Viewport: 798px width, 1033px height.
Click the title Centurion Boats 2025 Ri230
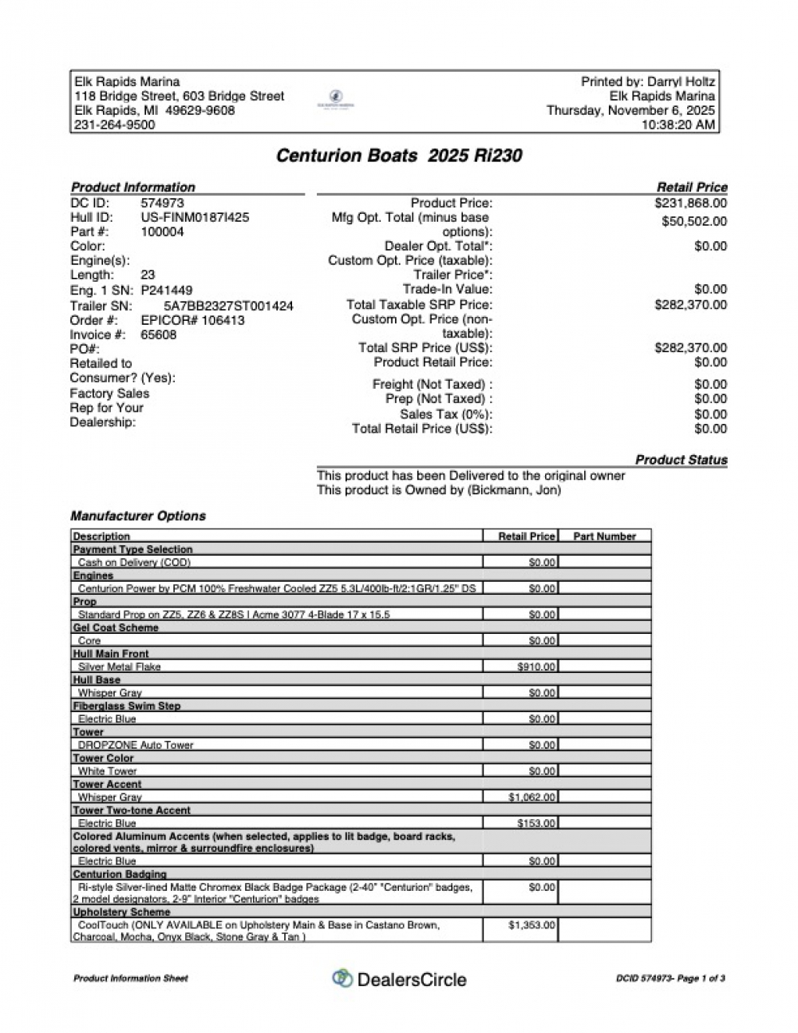[x=399, y=156]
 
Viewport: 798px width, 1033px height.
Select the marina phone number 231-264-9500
[x=115, y=125]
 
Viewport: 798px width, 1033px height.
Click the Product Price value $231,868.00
[x=690, y=204]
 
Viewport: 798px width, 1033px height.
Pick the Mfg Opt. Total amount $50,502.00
[x=694, y=222]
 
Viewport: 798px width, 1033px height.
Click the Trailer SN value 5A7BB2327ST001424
[x=228, y=306]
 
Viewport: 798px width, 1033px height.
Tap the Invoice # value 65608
[x=159, y=335]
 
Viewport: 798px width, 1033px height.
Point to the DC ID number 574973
[x=162, y=203]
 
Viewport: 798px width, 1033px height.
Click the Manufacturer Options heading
[x=138, y=516]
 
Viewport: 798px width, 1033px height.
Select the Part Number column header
[x=604, y=536]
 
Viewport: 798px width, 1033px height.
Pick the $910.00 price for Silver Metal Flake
[x=536, y=667]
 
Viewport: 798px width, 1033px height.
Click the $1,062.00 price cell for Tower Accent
[x=532, y=797]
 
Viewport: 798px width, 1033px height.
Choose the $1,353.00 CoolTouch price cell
[x=532, y=925]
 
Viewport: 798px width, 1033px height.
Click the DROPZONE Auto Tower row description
[x=136, y=745]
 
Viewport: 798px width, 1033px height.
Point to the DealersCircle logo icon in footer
[x=342, y=979]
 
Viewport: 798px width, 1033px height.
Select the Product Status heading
[x=681, y=460]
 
